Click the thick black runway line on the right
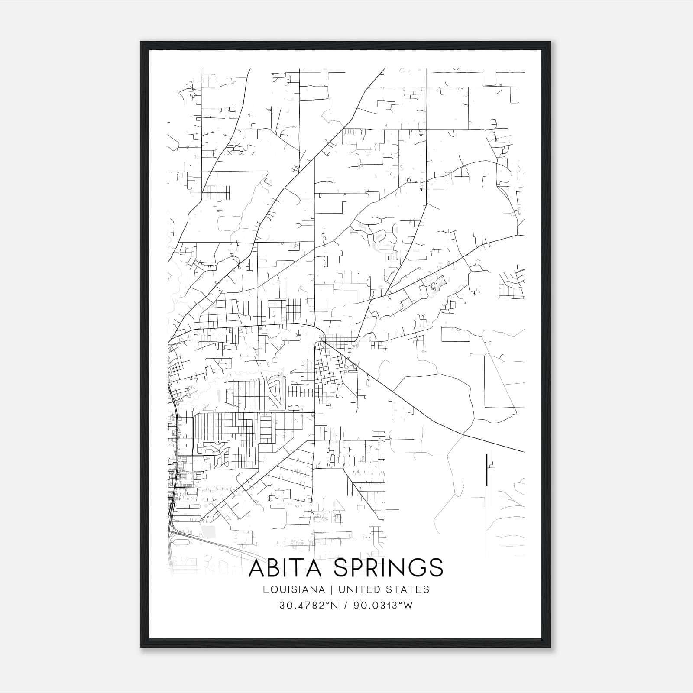pos(487,469)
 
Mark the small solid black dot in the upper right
pos(420,188)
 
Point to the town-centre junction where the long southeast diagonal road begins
pos(321,342)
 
